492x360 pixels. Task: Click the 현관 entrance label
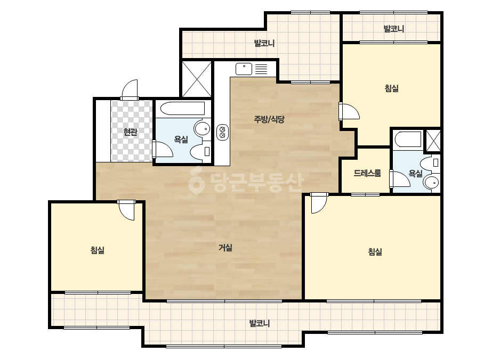tap(130, 132)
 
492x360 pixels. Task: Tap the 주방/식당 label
tap(269, 119)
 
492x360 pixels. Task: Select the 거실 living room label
tap(225, 248)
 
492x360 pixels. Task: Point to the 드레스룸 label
tap(367, 173)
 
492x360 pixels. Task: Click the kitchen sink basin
tap(244, 69)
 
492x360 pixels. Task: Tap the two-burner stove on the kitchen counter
tap(222, 132)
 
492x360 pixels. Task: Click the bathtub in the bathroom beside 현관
tap(182, 109)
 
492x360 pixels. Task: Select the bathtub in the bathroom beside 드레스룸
tap(408, 140)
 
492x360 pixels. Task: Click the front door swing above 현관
tap(130, 89)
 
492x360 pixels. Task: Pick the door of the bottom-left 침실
tap(126, 210)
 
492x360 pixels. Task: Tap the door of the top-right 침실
tap(349, 111)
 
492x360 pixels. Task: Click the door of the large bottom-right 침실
tap(319, 203)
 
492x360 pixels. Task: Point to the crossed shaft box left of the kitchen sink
tap(197, 79)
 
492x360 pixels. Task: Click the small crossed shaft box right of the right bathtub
tap(433, 141)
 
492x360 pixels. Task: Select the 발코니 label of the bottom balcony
tap(259, 323)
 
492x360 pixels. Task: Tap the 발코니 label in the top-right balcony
tap(394, 29)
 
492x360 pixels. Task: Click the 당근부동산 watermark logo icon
tap(196, 181)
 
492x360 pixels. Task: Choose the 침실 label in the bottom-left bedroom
tap(97, 250)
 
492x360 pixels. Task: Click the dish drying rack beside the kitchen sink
tap(261, 69)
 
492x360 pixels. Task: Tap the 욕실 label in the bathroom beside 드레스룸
tap(415, 173)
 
